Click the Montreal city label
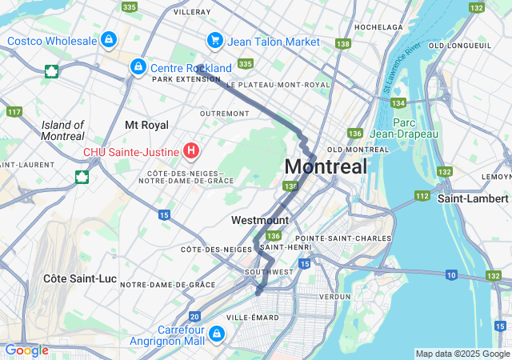point(326,167)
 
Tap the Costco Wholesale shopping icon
point(108,38)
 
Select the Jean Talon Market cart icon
point(214,40)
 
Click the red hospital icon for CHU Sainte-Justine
point(191,150)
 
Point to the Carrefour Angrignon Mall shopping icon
point(217,333)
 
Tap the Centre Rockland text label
point(191,68)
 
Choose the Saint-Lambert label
point(473,198)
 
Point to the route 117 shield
point(14,111)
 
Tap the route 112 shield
point(422,195)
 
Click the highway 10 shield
point(451,275)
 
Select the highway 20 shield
point(195,318)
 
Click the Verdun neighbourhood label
point(334,296)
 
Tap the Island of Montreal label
point(62,130)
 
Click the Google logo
point(26,350)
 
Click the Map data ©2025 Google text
point(462,354)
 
